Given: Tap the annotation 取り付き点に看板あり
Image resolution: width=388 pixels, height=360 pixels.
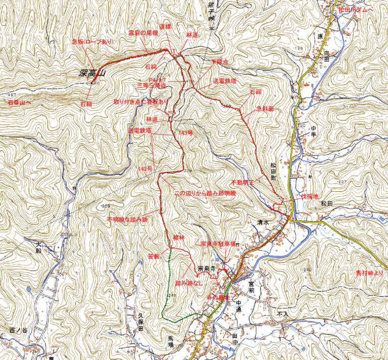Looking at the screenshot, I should tap(141, 102).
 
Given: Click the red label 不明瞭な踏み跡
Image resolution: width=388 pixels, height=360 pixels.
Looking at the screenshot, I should tap(127, 220).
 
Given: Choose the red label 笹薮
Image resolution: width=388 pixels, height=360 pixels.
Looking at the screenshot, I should tap(154, 257).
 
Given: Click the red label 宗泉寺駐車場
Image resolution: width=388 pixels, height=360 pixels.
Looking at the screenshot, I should tap(218, 244).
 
